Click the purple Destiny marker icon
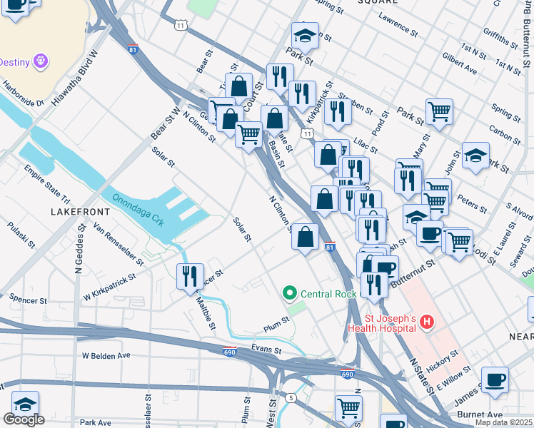click(41, 61)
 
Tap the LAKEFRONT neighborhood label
click(80, 212)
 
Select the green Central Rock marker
click(290, 293)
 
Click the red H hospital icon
click(427, 323)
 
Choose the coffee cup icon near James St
click(495, 379)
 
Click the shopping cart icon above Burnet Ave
click(348, 408)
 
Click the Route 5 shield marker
click(291, 397)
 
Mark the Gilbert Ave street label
click(459, 63)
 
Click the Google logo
click(24, 419)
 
